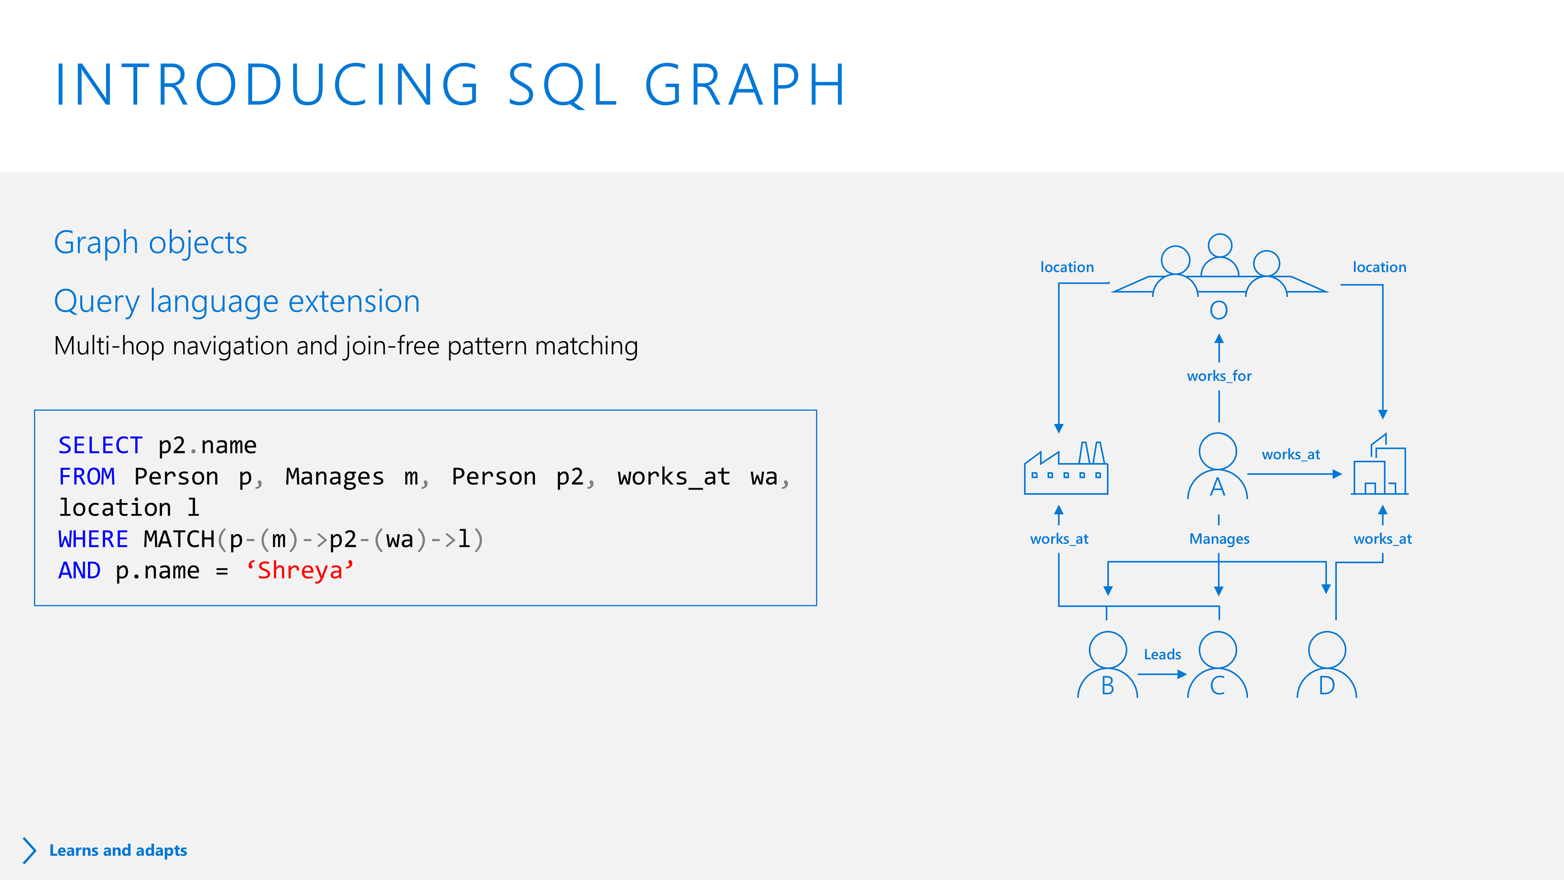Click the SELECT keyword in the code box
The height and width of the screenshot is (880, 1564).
pyautogui.click(x=100, y=446)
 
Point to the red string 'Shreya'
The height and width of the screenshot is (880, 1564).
pyautogui.click(x=300, y=571)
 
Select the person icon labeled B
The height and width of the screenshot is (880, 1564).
pyautogui.click(x=1107, y=665)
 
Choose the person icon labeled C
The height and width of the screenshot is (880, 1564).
pyautogui.click(x=1217, y=665)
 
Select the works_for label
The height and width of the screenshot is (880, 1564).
pyautogui.click(x=1219, y=376)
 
